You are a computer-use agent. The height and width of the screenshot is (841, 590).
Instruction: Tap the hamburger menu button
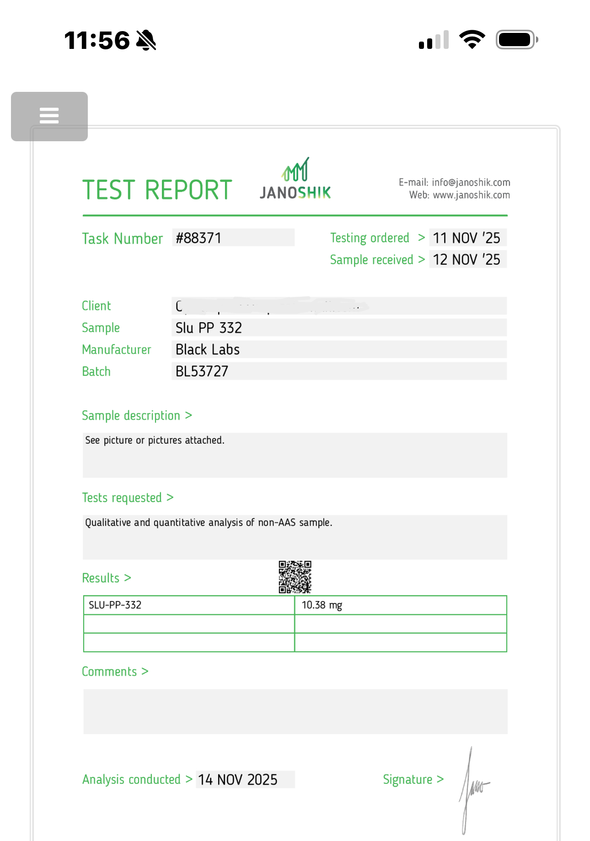[49, 116]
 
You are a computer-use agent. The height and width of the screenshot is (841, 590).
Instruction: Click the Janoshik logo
[295, 180]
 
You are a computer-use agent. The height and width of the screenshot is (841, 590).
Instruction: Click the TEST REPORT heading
[157, 190]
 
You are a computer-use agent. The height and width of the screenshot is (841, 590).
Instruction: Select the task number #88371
[199, 238]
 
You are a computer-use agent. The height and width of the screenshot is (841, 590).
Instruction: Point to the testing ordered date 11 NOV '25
[467, 238]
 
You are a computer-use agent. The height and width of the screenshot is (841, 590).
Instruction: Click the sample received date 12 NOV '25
[467, 260]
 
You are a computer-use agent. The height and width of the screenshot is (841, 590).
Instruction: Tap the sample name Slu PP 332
[209, 328]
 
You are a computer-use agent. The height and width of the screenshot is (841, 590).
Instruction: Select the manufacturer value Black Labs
[208, 350]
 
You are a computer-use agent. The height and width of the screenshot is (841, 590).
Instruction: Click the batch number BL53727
[202, 371]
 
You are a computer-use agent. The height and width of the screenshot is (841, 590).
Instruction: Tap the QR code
[295, 577]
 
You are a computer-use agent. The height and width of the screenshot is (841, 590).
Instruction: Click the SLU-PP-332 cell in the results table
[115, 605]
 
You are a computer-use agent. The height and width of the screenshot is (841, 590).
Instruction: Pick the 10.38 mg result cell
[322, 605]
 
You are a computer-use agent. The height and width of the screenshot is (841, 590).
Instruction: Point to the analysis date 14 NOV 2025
[238, 779]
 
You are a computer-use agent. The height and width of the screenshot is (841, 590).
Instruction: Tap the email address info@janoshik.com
[471, 182]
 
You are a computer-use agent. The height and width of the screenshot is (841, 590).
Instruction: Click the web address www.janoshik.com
[471, 195]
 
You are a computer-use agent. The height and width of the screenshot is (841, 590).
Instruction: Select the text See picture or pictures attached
[155, 440]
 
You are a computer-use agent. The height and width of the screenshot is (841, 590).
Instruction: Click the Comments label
[109, 671]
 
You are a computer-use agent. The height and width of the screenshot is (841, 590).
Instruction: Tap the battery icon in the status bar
[516, 40]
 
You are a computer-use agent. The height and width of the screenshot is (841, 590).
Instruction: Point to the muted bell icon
[146, 40]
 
